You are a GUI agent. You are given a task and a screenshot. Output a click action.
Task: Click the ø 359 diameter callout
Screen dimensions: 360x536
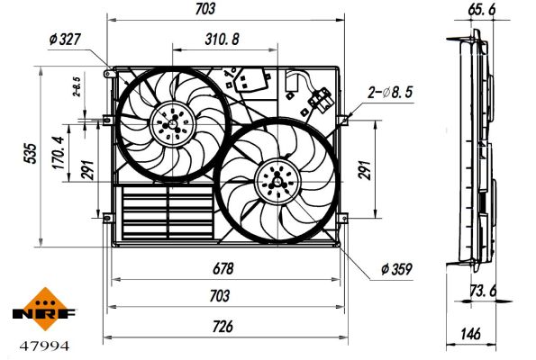click(396, 268)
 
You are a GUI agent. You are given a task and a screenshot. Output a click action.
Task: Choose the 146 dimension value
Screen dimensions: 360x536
click(470, 334)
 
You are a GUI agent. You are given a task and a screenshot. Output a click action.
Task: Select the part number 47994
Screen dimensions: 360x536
click(41, 345)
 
